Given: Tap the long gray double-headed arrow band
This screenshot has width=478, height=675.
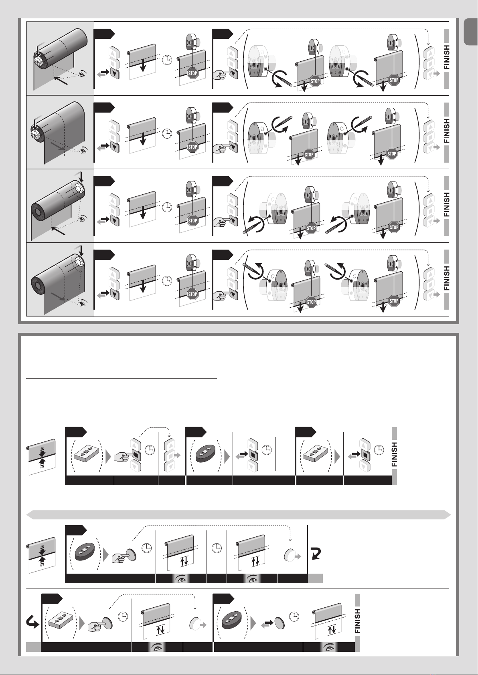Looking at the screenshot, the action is coord(238,514).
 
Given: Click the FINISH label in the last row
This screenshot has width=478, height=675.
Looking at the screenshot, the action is coord(357,621).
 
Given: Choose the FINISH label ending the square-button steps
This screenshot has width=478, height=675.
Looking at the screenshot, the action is coord(394,454).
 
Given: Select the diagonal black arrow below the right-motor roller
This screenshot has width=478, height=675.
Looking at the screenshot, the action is coord(57,230).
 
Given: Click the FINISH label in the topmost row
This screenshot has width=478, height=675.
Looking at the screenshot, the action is coord(447,58).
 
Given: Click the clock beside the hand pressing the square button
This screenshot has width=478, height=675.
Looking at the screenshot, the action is coord(150,450).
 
